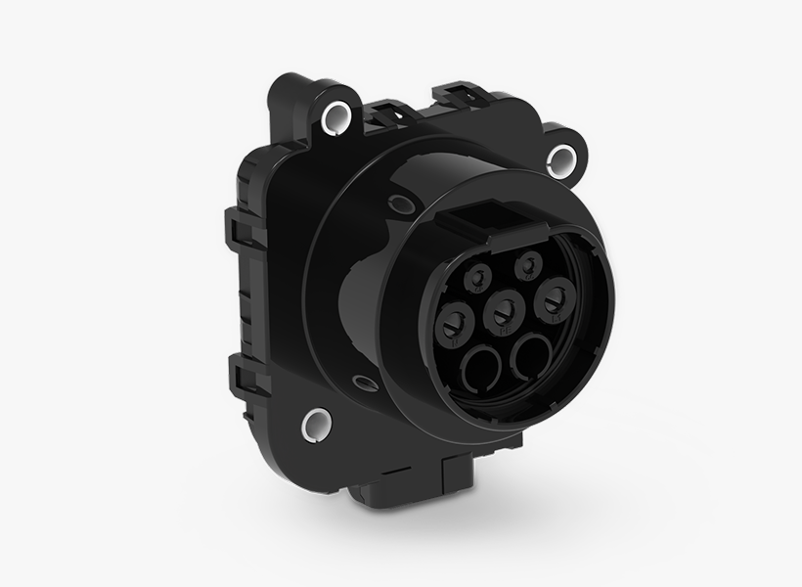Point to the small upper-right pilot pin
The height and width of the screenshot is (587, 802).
coord(529,263)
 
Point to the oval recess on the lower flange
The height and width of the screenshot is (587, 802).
coord(366,384)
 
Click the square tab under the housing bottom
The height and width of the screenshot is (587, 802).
coord(458,481)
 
